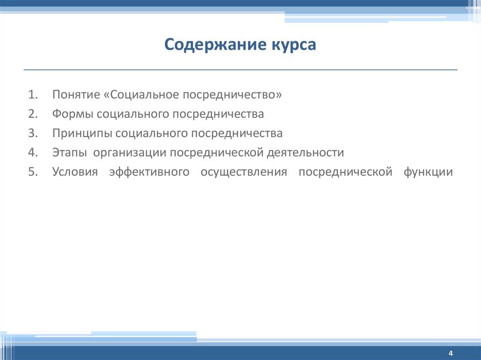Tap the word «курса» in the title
(294, 46)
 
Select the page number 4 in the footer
(450, 353)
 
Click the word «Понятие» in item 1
(75, 95)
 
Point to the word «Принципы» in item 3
(82, 134)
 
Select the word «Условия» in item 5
(75, 172)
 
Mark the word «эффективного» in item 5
(149, 172)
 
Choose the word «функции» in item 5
(428, 172)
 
